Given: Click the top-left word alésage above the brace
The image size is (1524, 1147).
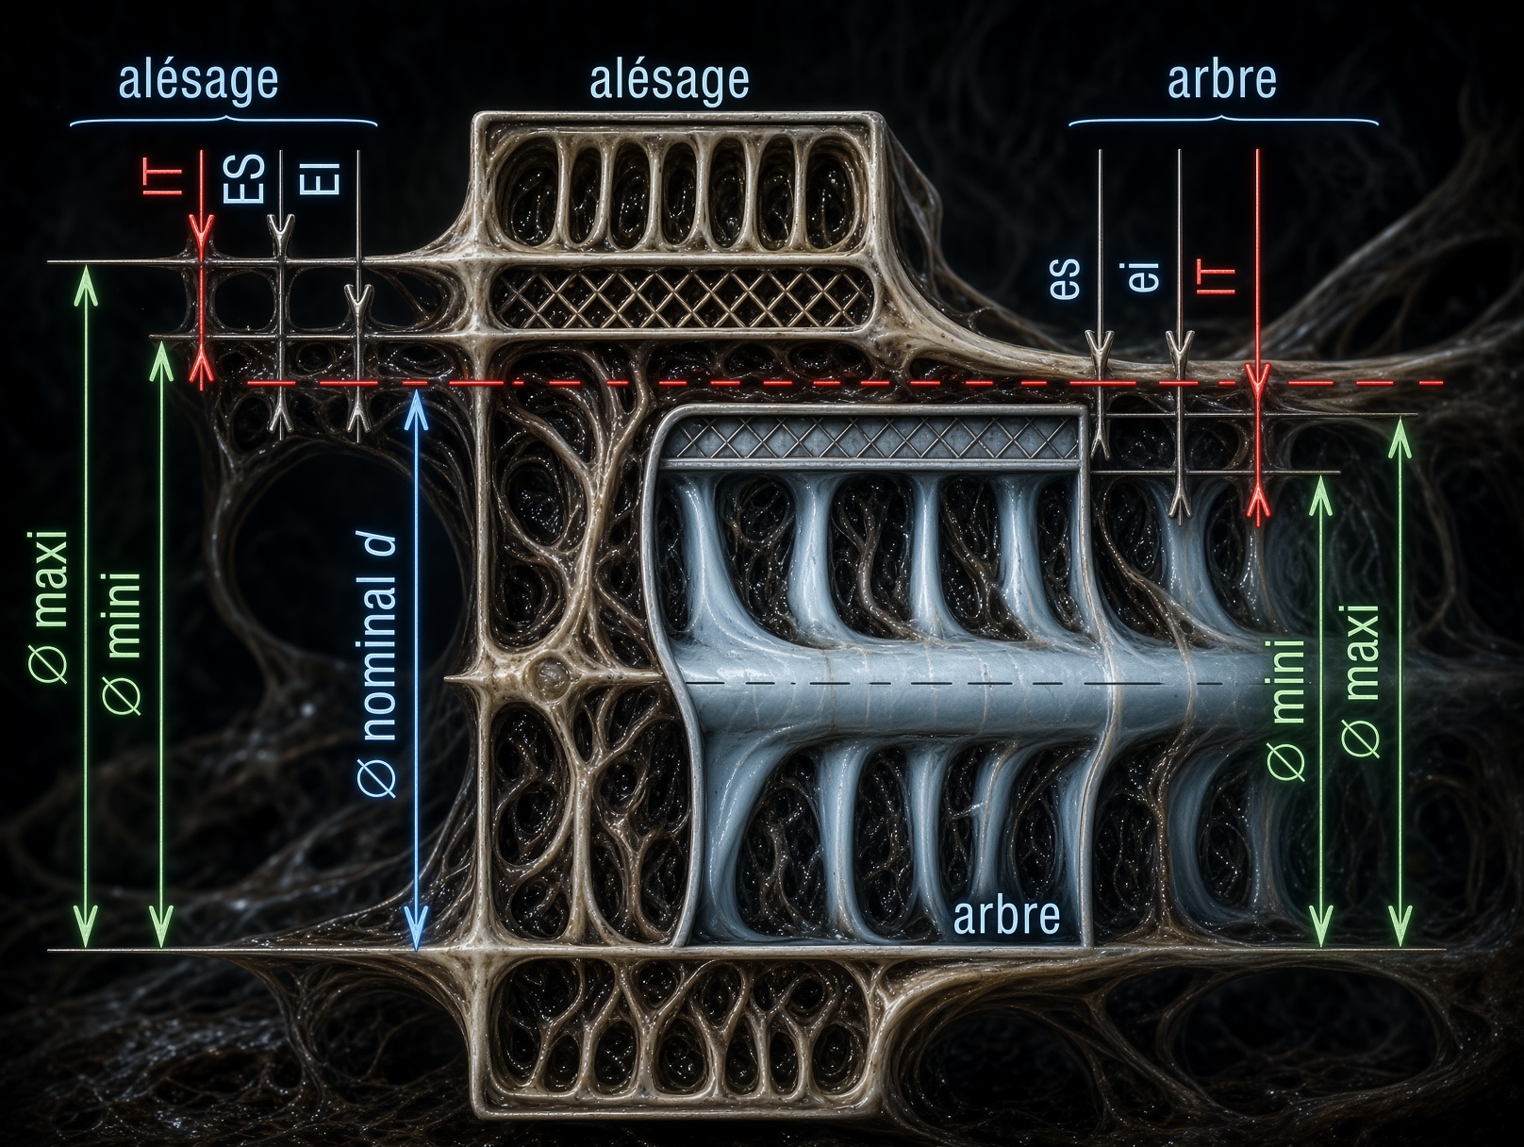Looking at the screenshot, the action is [199, 80].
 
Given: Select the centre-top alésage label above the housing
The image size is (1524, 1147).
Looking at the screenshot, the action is [670, 80].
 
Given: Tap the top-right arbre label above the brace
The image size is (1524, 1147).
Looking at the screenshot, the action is [1222, 80].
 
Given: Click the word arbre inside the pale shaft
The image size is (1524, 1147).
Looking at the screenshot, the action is [1006, 916].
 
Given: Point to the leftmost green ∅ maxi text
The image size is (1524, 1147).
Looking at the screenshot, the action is [49, 607].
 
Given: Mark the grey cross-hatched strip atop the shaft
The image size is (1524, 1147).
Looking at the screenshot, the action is [868, 440].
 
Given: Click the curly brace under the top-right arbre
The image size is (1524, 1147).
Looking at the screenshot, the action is [1223, 120].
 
